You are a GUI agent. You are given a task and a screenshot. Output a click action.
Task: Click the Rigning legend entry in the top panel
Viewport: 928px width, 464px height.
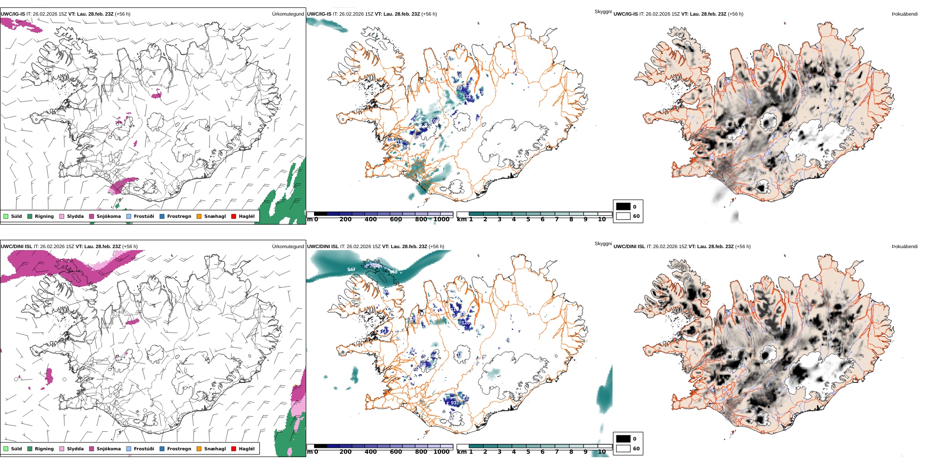point(41,216)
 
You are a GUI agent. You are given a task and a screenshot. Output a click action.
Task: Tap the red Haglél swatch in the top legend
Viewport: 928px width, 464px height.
point(234,216)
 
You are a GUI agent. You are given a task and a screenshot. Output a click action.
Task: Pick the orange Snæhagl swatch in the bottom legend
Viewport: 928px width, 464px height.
point(199,449)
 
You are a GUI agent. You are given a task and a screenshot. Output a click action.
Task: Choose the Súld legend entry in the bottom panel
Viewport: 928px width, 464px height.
point(13,449)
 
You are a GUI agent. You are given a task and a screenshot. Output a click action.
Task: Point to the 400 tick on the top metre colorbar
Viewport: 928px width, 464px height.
point(371,219)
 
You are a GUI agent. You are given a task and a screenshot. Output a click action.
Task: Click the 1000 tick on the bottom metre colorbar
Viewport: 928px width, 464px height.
point(442,452)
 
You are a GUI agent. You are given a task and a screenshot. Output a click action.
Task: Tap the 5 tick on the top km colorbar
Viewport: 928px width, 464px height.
point(528,219)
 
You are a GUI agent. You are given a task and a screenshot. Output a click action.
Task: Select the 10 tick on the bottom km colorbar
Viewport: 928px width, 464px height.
point(602,452)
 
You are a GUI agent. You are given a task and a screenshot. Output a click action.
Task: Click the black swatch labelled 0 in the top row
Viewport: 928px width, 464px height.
point(623,207)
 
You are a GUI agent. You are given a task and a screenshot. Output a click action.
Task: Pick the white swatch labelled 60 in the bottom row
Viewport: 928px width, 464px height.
point(623,448)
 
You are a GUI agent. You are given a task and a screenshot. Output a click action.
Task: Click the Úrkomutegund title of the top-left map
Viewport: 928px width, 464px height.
point(288,14)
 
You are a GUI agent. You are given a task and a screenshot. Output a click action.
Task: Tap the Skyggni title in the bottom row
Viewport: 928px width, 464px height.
point(603,244)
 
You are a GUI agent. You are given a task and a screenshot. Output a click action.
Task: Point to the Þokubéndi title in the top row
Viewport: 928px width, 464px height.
point(905,14)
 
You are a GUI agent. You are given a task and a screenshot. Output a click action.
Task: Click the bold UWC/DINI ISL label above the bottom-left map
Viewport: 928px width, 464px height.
point(16,247)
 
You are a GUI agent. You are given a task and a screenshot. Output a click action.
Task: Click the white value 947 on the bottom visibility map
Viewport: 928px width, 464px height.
point(351,270)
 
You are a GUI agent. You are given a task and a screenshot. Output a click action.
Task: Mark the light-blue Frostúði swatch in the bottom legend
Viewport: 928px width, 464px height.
point(129,449)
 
